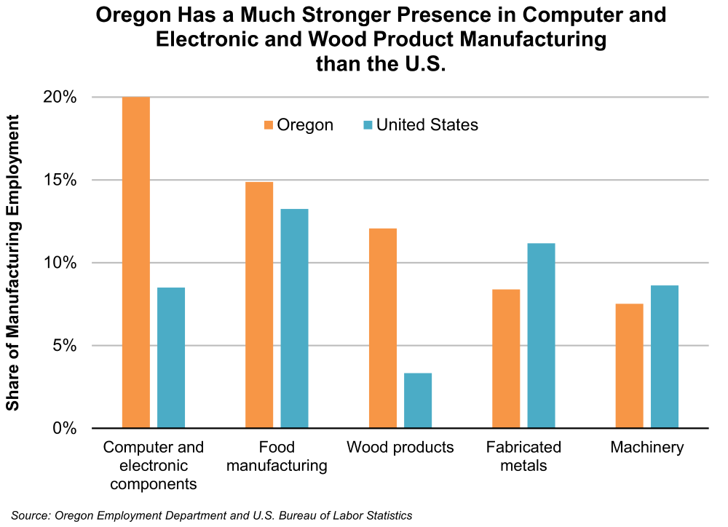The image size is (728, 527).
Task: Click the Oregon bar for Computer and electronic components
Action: point(136,262)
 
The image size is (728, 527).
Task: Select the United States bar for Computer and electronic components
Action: point(171,357)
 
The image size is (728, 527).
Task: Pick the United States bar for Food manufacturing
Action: point(294,318)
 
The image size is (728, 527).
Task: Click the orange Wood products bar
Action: point(383,328)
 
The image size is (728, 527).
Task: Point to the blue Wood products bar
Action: point(418,400)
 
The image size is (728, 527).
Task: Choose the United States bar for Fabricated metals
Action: point(542,336)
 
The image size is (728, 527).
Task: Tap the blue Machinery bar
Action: point(665,357)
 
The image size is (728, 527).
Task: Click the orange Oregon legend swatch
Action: point(268,125)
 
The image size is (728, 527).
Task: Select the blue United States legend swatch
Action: point(367,125)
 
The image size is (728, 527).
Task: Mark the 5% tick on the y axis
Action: point(66,345)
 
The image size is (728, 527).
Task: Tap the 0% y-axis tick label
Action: point(66,428)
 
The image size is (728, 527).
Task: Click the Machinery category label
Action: point(647,447)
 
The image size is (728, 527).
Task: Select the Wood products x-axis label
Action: point(400,447)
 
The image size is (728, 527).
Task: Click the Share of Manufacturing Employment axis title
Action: point(13,262)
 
